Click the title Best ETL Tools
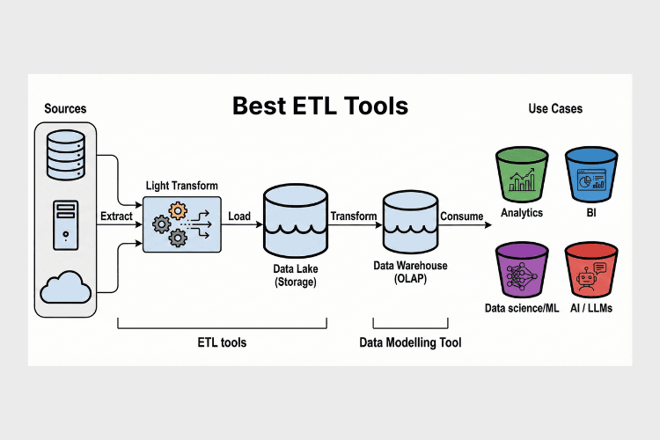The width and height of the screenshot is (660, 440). [320, 106]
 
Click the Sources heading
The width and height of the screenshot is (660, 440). [65, 108]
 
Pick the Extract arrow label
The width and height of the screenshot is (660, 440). [117, 216]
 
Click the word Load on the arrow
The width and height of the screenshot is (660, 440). [239, 216]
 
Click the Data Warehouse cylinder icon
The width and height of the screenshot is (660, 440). [409, 220]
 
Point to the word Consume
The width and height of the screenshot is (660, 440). [461, 216]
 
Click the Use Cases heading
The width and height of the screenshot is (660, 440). [554, 108]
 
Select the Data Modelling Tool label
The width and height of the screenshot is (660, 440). [410, 341]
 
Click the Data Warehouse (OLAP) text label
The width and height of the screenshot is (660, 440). [410, 272]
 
